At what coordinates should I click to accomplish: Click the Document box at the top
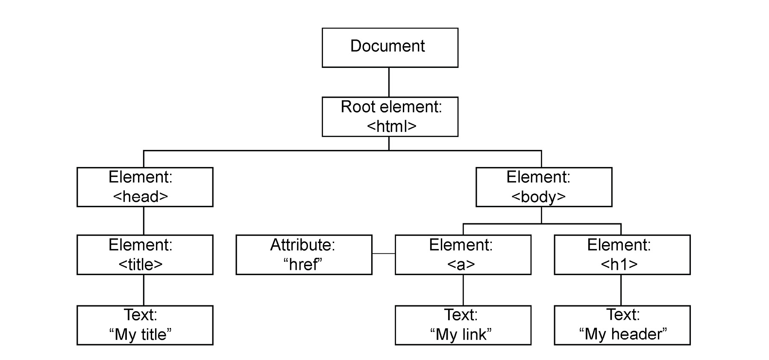[x=390, y=47]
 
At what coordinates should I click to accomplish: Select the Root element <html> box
[x=390, y=117]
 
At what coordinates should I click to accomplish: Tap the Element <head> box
[x=145, y=187]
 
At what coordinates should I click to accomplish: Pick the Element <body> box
[x=543, y=187]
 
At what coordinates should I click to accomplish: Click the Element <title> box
[x=145, y=255]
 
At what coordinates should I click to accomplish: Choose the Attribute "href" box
[x=304, y=255]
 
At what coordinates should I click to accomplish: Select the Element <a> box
[x=463, y=255]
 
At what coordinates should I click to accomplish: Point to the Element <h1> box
[x=622, y=255]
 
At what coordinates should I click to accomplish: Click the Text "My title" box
[x=145, y=325]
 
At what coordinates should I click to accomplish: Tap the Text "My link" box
[x=463, y=325]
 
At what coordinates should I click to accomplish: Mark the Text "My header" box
[x=622, y=325]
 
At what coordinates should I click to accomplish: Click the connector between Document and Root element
[x=389, y=82]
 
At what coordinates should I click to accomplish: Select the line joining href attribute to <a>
[x=383, y=254]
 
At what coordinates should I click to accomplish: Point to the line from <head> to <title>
[x=144, y=221]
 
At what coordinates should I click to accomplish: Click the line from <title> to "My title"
[x=144, y=290]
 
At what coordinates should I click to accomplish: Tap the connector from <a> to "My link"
[x=463, y=290]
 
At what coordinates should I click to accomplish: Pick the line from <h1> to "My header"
[x=621, y=290]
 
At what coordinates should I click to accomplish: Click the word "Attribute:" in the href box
[x=302, y=245]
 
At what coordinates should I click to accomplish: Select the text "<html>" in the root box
[x=391, y=126]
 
